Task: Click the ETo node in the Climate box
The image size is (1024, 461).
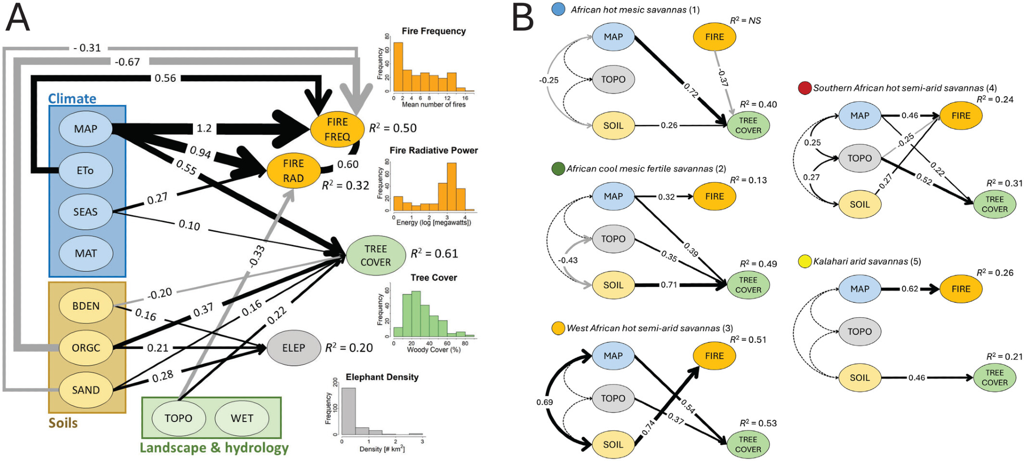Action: [x=86, y=170]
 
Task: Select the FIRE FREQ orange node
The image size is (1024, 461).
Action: [x=337, y=129]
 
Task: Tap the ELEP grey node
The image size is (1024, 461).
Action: [x=293, y=348]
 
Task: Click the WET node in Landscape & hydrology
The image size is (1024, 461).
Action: [x=242, y=419]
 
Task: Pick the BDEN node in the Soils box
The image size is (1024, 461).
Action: [x=86, y=306]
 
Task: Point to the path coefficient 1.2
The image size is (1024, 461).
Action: [x=204, y=128]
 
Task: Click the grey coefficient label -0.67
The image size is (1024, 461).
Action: [x=127, y=62]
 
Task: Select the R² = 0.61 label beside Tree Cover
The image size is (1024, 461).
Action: [x=434, y=254]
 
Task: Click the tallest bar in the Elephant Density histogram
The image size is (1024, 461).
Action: [x=348, y=411]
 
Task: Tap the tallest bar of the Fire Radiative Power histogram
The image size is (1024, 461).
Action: [x=451, y=187]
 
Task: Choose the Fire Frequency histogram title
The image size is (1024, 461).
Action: [x=434, y=31]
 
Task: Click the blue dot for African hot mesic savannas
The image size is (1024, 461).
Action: [x=559, y=9]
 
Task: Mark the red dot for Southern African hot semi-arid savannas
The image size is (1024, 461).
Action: [x=804, y=88]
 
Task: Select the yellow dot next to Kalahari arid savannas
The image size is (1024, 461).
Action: [x=804, y=261]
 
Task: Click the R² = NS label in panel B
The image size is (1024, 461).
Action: [x=745, y=20]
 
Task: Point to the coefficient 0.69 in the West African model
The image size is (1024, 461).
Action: [x=545, y=402]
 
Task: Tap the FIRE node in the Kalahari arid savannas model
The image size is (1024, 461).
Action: [x=961, y=289]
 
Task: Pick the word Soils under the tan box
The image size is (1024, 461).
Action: [x=63, y=423]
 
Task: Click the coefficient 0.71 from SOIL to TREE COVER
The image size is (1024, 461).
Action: [x=669, y=285]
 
